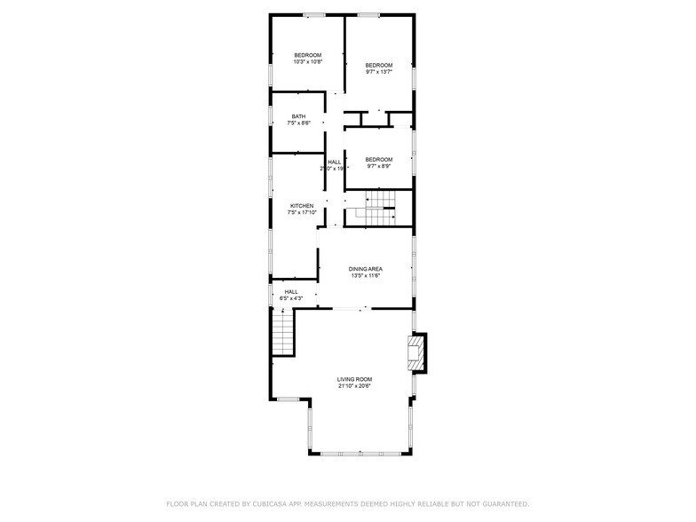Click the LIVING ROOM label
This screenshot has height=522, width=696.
[x=354, y=379]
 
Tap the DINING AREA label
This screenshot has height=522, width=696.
[x=365, y=269]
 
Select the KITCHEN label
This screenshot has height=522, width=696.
[x=301, y=206]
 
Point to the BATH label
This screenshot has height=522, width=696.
[x=298, y=116]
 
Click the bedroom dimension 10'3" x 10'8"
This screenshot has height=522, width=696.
[x=307, y=62]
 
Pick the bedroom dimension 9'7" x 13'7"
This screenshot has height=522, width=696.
[x=379, y=72]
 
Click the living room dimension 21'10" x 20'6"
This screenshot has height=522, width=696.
[x=354, y=386]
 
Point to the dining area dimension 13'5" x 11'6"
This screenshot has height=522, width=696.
[x=365, y=276]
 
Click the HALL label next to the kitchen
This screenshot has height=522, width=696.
[x=334, y=162]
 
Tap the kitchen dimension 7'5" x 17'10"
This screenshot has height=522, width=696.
[x=301, y=213]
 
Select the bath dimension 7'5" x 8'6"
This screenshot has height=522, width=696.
[x=298, y=123]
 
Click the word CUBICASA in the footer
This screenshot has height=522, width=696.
[x=269, y=503]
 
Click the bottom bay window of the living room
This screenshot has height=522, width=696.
[x=360, y=454]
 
